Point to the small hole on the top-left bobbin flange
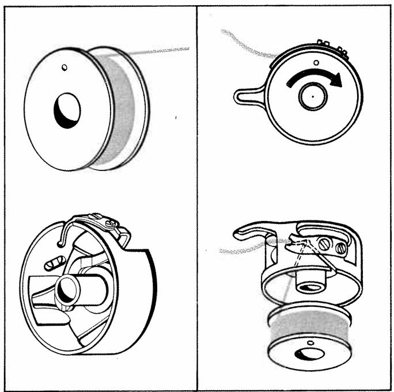pos(65,68)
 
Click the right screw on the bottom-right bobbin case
pos(341,249)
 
